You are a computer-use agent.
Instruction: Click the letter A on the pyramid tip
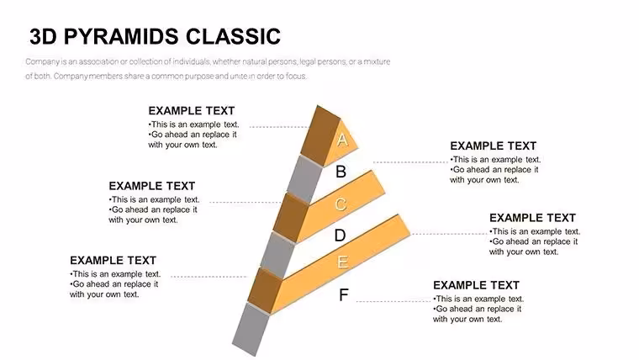(x=342, y=140)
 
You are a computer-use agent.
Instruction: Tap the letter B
(x=341, y=172)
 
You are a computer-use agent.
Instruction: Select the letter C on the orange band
(x=341, y=204)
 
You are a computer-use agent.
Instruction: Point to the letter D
(x=340, y=236)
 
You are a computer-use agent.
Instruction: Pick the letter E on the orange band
(x=342, y=262)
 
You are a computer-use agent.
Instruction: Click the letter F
(x=344, y=294)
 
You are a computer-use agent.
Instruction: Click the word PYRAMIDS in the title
(x=121, y=36)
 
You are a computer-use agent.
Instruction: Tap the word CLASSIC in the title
(x=233, y=36)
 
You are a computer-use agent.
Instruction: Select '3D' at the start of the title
(x=43, y=36)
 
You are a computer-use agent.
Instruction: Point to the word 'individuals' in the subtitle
(x=191, y=61)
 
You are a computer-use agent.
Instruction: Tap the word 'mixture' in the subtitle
(x=377, y=61)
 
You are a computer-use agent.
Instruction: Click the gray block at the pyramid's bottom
(x=251, y=329)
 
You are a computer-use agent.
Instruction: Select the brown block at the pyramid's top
(x=323, y=135)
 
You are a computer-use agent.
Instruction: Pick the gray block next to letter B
(x=304, y=178)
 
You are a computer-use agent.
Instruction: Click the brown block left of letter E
(x=265, y=291)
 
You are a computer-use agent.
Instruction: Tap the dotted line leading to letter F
(x=393, y=301)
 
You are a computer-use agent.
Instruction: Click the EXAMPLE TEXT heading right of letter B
(x=493, y=146)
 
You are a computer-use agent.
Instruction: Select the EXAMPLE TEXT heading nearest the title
(x=192, y=111)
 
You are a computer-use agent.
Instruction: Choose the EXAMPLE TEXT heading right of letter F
(x=477, y=285)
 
